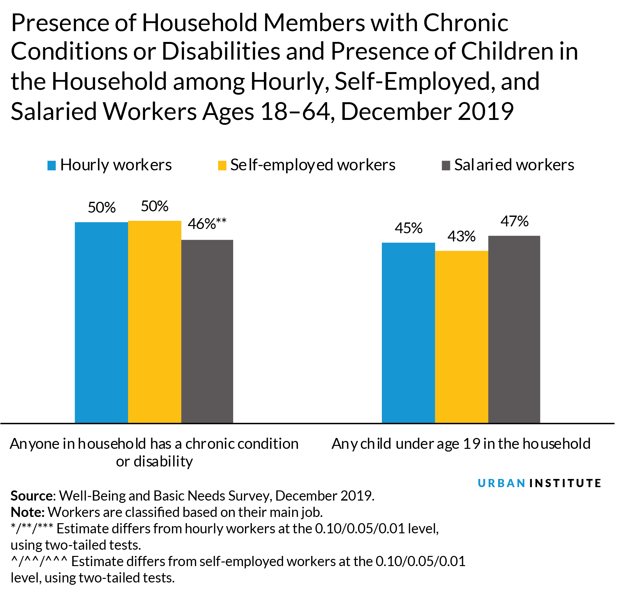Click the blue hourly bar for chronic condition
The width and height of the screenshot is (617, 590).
(101, 323)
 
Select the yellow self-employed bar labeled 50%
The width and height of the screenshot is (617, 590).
(155, 322)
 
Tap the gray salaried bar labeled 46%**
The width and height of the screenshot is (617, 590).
(207, 331)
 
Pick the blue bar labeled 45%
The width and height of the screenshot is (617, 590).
(408, 333)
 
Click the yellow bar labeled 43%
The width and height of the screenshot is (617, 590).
(461, 337)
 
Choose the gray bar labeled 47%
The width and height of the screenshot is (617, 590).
(514, 329)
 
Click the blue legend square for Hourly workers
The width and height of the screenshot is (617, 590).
(52, 165)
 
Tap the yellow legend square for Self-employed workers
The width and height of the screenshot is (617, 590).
(222, 165)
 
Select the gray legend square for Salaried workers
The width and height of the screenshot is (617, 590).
(446, 165)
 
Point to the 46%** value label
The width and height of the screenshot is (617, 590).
(207, 224)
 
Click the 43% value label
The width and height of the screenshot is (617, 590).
(461, 236)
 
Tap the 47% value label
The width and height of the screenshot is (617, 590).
(514, 221)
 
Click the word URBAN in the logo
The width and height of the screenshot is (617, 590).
(501, 483)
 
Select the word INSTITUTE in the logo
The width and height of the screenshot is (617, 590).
(565, 483)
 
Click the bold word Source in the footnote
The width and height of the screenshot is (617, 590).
(32, 496)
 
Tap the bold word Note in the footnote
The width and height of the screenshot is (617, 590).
(27, 512)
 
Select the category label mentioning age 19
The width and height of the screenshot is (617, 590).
(461, 444)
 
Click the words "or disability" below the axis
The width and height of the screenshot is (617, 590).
(154, 462)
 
